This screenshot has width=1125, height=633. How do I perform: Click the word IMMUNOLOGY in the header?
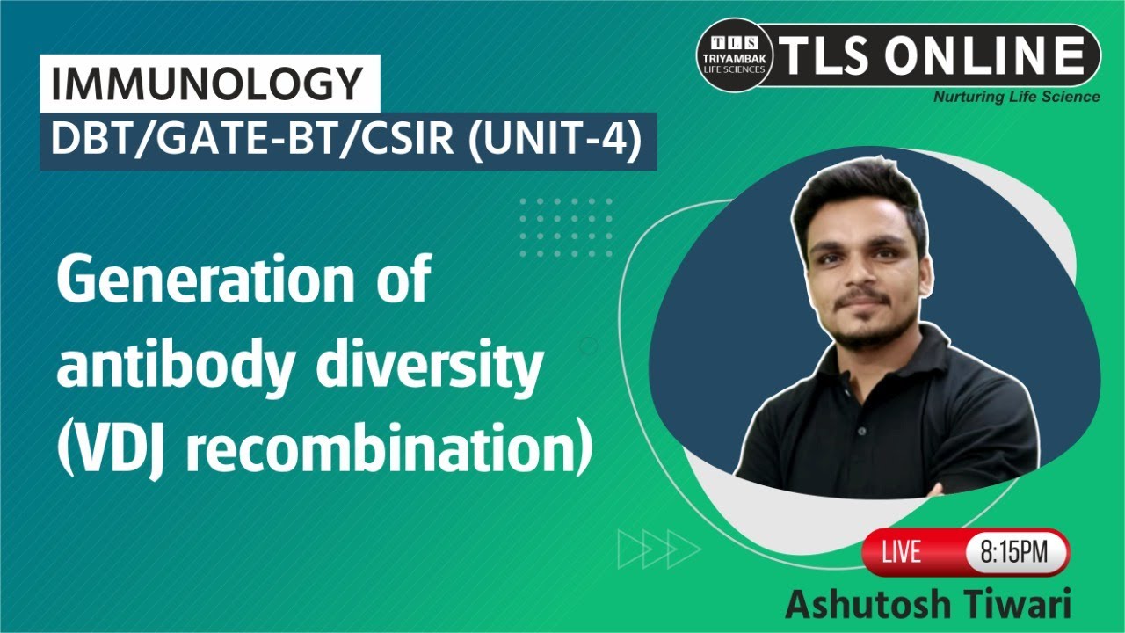click(207, 84)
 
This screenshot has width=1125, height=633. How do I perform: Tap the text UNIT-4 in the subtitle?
click(556, 141)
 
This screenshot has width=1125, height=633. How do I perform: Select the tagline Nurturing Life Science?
click(1016, 97)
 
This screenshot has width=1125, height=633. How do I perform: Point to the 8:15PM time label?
click(1015, 552)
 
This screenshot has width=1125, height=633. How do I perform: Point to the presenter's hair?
click(857, 189)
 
